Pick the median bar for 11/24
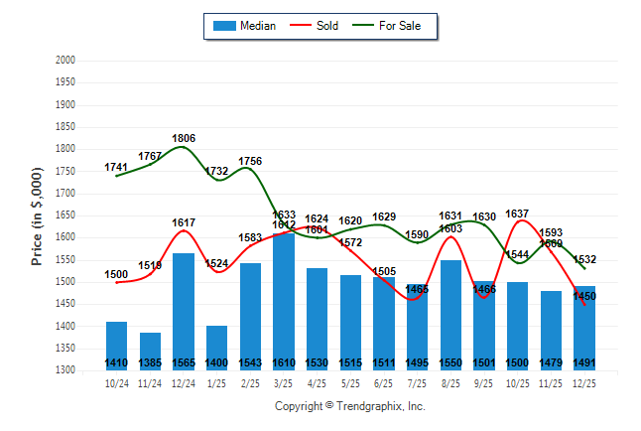tap(150, 351)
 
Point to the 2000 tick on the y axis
tap(65, 61)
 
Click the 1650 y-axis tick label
tap(65, 215)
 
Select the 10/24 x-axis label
tap(117, 382)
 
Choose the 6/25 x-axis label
tap(384, 382)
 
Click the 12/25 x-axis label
tap(584, 382)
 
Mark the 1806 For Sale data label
tap(184, 138)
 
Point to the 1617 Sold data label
tap(184, 222)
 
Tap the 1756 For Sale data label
tap(250, 161)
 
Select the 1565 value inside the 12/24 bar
tap(184, 363)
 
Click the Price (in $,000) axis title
tap(37, 215)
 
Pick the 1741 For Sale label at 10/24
tap(117, 167)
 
